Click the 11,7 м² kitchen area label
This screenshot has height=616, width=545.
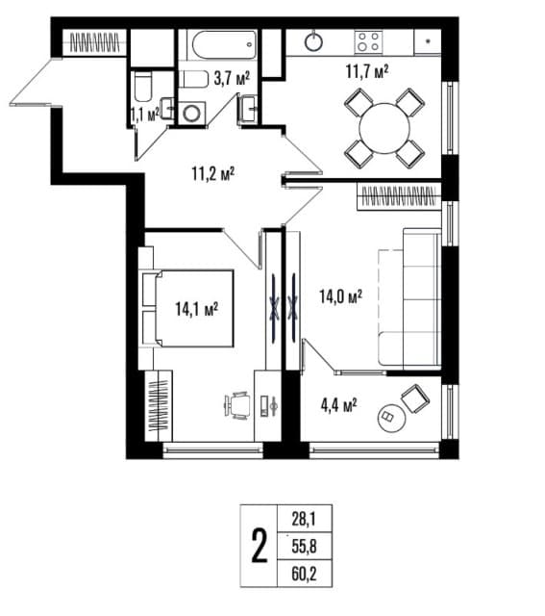[x=367, y=72]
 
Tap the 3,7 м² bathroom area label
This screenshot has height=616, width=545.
[x=232, y=79]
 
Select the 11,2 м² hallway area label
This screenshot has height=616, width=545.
[x=213, y=173]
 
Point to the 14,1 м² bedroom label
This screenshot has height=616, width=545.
[x=196, y=309]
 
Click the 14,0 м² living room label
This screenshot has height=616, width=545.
[x=340, y=296]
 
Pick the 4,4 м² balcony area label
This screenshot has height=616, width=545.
[x=338, y=405]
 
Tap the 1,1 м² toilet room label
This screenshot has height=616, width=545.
[x=145, y=115]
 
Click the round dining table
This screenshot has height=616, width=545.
[x=384, y=128]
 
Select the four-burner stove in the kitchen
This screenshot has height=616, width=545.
[x=369, y=41]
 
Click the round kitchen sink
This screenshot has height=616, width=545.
[x=314, y=41]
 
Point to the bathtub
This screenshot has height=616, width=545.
[x=224, y=44]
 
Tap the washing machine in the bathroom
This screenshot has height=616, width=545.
[x=192, y=113]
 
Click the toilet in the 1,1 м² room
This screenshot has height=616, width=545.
[x=142, y=87]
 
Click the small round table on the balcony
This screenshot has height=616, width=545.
[x=391, y=419]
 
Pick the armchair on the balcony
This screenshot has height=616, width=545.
[x=415, y=398]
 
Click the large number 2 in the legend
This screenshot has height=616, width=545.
[x=260, y=546]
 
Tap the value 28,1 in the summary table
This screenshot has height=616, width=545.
[x=304, y=520]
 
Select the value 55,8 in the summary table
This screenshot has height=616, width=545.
[x=304, y=547]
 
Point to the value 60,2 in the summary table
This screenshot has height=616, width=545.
[x=304, y=574]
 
